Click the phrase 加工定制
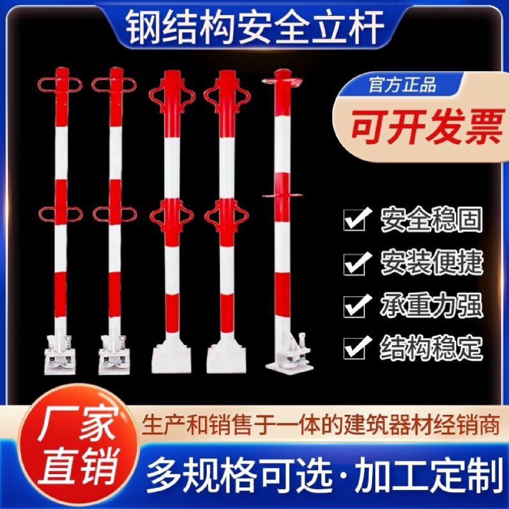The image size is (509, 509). tap(429, 474)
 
